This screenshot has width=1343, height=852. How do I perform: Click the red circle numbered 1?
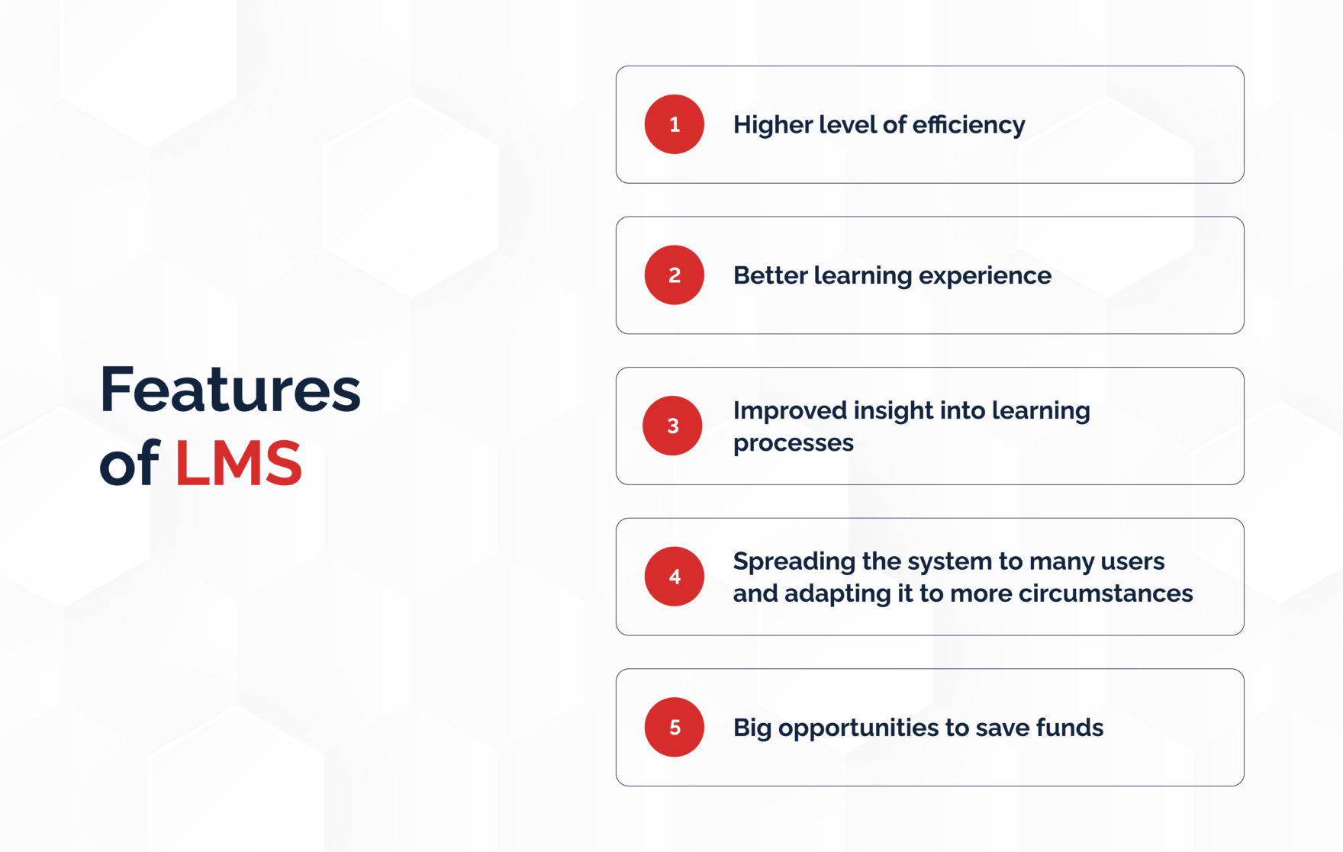pyautogui.click(x=674, y=124)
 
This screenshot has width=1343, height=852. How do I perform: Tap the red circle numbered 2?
pyautogui.click(x=674, y=275)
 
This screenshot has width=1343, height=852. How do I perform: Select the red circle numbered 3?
pyautogui.click(x=672, y=426)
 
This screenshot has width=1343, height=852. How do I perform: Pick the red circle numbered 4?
pyautogui.click(x=674, y=577)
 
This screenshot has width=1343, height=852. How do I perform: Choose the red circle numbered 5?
pyautogui.click(x=674, y=727)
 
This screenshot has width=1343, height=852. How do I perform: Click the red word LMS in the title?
pyautogui.click(x=238, y=463)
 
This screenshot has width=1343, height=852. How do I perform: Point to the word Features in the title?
pyautogui.click(x=230, y=391)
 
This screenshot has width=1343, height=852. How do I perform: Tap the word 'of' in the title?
pyautogui.click(x=128, y=463)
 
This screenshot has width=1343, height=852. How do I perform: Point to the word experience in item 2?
pyautogui.click(x=984, y=276)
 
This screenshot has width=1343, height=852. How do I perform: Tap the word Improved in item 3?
pyautogui.click(x=790, y=411)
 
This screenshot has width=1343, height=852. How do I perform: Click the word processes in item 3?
pyautogui.click(x=793, y=443)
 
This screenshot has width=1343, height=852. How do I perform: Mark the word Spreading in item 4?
pyautogui.click(x=794, y=562)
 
